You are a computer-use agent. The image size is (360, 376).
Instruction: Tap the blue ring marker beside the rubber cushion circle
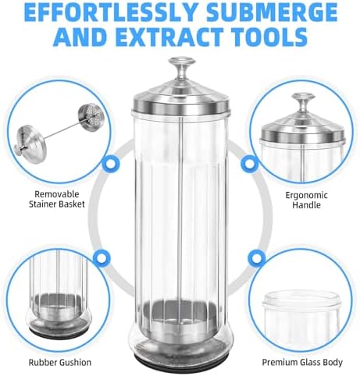click(101, 257)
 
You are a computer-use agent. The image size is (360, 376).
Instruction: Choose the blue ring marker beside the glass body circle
click(258, 257)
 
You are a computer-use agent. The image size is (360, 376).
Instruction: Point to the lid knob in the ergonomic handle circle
click(304, 101)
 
